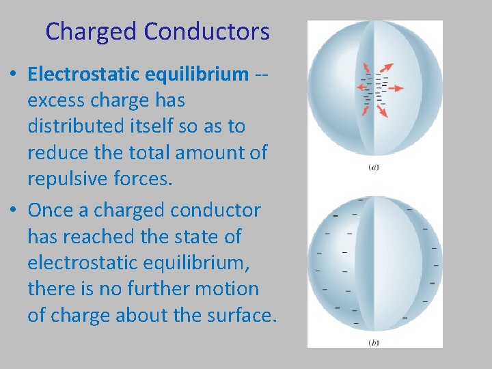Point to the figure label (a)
click(374, 167)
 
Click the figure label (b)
click(374, 342)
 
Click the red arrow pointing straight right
click(396, 87)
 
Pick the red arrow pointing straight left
click(359, 87)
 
